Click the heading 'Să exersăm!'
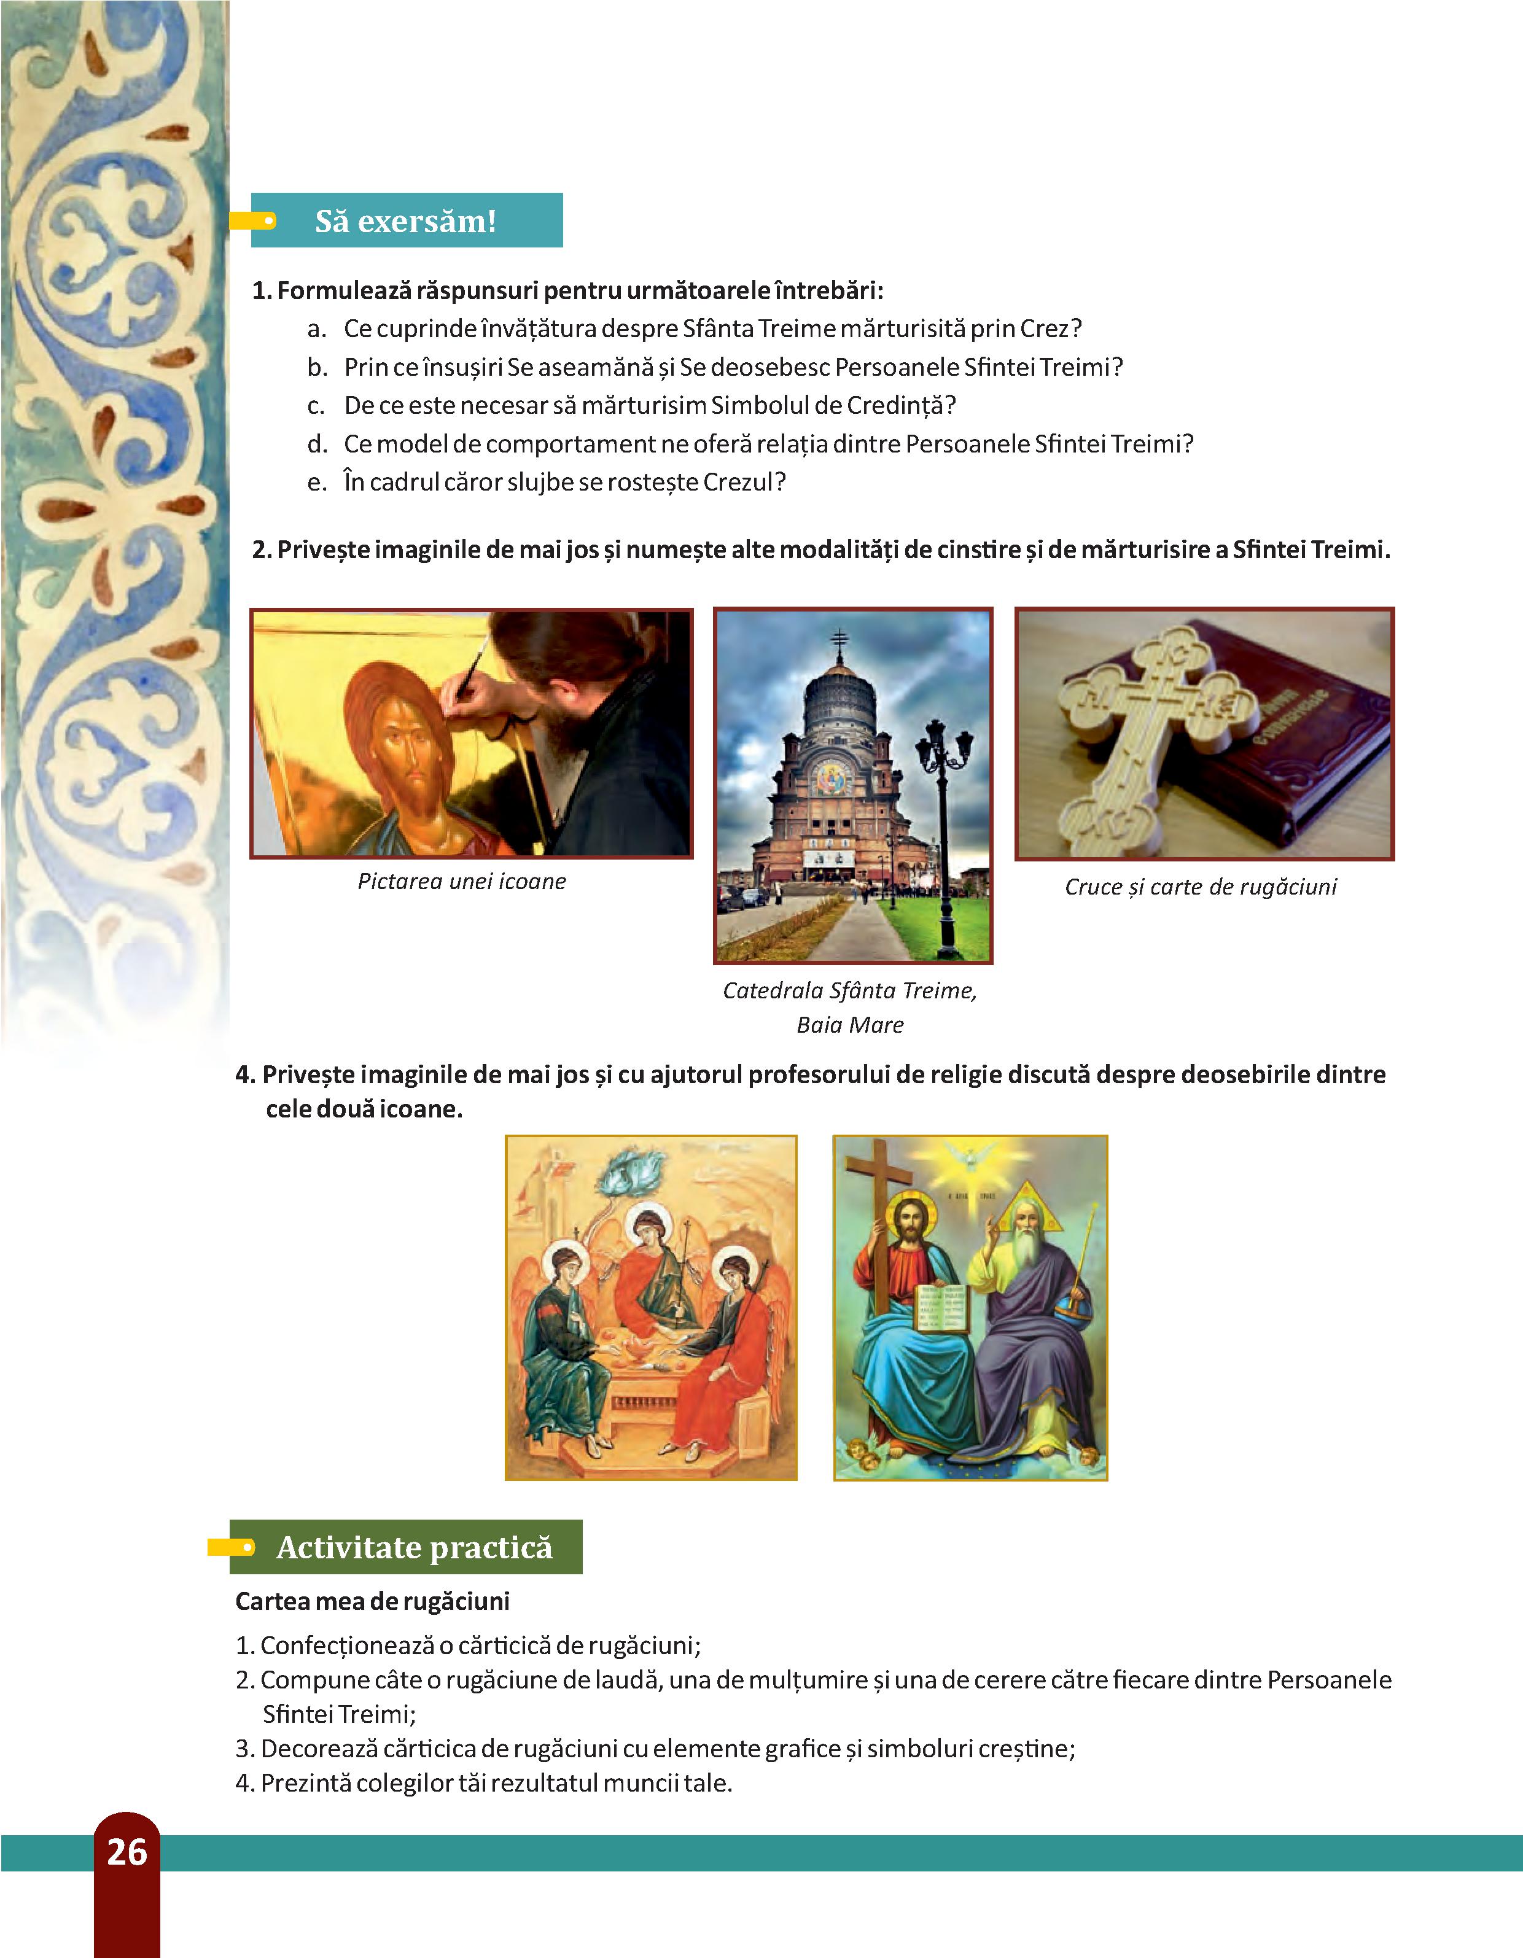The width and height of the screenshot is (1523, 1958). pos(405,220)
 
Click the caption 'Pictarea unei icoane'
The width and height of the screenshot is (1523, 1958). pos(462,881)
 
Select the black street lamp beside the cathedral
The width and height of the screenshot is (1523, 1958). pos(942,825)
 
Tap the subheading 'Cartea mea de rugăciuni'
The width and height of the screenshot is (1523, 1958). pos(372,1602)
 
